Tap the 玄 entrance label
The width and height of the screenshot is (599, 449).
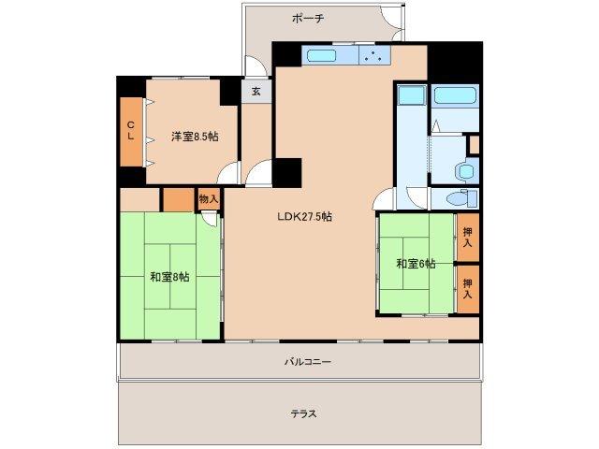[256, 92]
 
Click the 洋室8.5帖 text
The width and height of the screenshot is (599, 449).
[194, 137]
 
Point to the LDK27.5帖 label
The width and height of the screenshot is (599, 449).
[304, 216]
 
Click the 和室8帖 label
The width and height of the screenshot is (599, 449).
[168, 277]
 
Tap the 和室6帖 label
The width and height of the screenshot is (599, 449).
[415, 264]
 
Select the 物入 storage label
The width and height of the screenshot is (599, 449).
[208, 198]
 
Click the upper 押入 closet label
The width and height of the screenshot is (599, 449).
[467, 239]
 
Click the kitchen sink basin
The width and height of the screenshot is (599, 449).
[320, 56]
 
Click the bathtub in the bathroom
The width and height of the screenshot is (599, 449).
[455, 96]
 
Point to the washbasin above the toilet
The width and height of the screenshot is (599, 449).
[464, 171]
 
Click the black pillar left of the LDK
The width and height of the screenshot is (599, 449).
[288, 173]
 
